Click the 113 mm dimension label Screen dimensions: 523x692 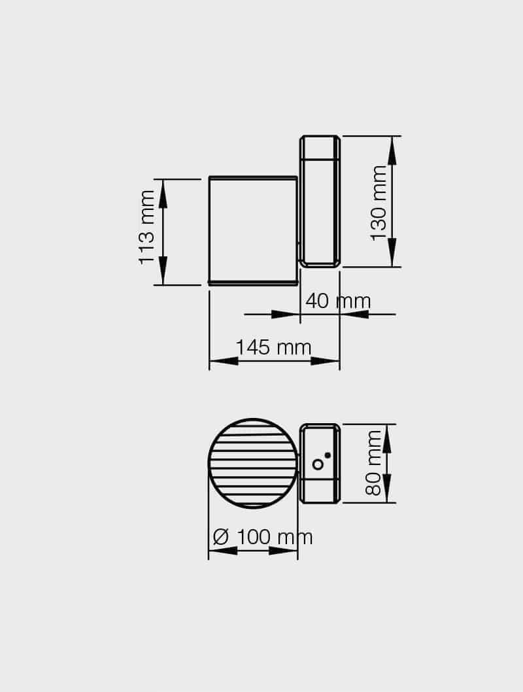[x=147, y=228]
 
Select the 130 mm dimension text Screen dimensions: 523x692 [x=379, y=203]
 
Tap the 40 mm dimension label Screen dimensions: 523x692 [x=338, y=301]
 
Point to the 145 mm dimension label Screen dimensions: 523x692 [x=273, y=347]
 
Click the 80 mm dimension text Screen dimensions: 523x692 [x=373, y=463]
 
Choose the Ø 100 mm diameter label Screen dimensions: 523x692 [x=263, y=537]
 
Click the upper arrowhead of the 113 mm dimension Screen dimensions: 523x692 [x=163, y=194]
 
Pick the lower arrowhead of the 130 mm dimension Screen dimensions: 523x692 [x=392, y=252]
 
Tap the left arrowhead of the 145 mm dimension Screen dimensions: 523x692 [x=224, y=361]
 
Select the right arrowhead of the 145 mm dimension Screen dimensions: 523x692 [x=325, y=361]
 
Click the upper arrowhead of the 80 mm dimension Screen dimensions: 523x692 [x=387, y=439]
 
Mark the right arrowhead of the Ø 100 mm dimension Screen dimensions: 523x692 [x=283, y=551]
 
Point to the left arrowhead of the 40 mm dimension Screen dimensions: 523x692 [x=285, y=315]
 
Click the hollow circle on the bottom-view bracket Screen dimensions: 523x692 [x=318, y=464]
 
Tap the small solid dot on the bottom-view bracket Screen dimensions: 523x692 [x=328, y=455]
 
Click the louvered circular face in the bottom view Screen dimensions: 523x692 [x=253, y=463]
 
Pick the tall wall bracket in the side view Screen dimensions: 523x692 [x=320, y=201]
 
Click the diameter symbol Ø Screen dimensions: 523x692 [x=221, y=537]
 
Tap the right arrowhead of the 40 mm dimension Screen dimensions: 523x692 [x=354, y=315]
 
